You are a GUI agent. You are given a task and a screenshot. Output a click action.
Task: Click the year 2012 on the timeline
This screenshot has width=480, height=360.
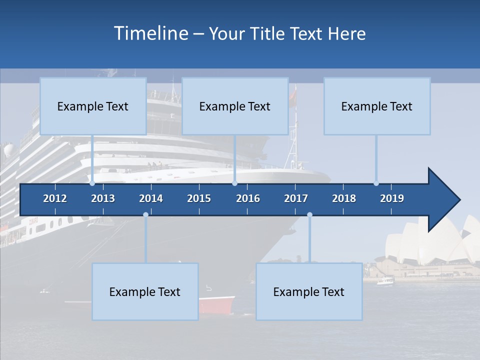pyautogui.click(x=55, y=198)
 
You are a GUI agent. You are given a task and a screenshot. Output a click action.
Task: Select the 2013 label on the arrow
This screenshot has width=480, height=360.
pyautogui.click(x=103, y=198)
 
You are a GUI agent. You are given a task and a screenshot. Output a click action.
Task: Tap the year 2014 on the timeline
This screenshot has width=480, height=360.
pyautogui.click(x=151, y=198)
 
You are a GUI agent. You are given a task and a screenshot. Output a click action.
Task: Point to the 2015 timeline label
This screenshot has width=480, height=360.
pyautogui.click(x=199, y=198)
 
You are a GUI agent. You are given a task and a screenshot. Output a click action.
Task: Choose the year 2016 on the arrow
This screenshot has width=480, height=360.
pyautogui.click(x=248, y=198)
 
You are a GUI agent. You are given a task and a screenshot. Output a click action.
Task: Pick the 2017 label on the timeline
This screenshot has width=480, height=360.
pyautogui.click(x=296, y=198)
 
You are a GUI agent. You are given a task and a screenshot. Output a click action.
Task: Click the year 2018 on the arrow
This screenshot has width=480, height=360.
pyautogui.click(x=344, y=198)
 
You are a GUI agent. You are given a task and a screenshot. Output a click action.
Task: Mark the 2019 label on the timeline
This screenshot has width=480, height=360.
pyautogui.click(x=392, y=198)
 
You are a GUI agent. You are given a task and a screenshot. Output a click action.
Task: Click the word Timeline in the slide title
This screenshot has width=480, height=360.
pyautogui.click(x=150, y=33)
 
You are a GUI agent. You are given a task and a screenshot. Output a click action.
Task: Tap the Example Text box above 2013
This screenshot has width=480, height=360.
pyautogui.click(x=93, y=106)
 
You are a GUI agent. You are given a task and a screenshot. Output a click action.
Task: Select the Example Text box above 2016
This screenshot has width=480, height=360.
pyautogui.click(x=235, y=106)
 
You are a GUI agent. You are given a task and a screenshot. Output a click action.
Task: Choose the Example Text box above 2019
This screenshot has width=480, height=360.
pyautogui.click(x=377, y=106)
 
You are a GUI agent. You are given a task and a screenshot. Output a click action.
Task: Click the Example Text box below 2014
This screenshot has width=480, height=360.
pyautogui.click(x=145, y=291)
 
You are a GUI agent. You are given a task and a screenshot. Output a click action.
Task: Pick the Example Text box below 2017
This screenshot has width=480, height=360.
pyautogui.click(x=309, y=291)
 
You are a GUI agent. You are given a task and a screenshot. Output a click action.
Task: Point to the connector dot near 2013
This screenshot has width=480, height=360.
pyautogui.click(x=92, y=183)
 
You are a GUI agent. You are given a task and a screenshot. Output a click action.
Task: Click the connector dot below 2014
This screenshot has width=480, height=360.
pyautogui.click(x=145, y=214)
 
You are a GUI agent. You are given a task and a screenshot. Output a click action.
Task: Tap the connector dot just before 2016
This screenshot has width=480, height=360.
pyautogui.click(x=234, y=183)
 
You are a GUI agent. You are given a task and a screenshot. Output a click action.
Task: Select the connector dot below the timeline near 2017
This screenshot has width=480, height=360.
pyautogui.click(x=309, y=214)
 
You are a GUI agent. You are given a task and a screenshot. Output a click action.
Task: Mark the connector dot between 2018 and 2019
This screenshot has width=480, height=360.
pyautogui.click(x=376, y=183)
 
